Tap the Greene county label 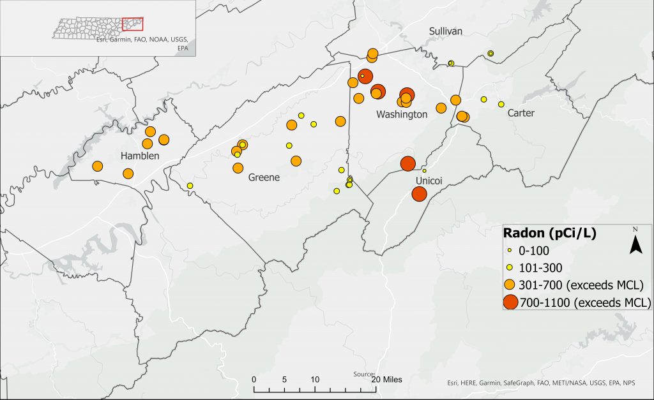(264, 177)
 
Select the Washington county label (402, 115)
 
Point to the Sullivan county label (446, 31)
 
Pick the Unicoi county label (429, 181)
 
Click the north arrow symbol (635, 242)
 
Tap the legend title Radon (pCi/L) (550, 233)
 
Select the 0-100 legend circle (510, 252)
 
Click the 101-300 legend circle (510, 267)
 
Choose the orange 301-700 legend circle (510, 284)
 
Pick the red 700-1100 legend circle (510, 302)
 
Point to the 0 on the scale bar (254, 380)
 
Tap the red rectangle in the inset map (132, 24)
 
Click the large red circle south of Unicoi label (420, 194)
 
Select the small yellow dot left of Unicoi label (424, 171)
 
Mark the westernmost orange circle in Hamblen (98, 167)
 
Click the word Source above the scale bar (363, 374)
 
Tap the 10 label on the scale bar (315, 380)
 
